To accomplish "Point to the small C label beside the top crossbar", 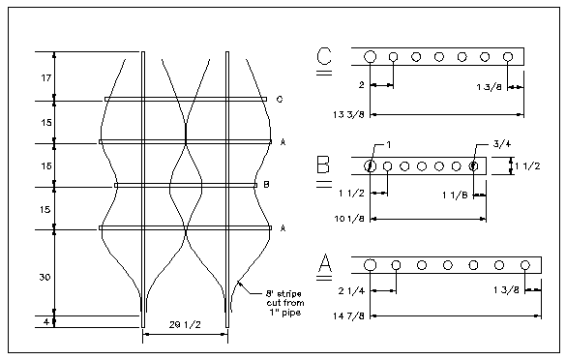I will pyautogui.click(x=279, y=99).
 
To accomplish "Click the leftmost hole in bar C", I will pyautogui.click(x=371, y=57).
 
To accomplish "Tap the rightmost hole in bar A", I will pyautogui.click(x=524, y=264).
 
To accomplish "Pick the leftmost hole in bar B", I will pyautogui.click(x=370, y=165).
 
